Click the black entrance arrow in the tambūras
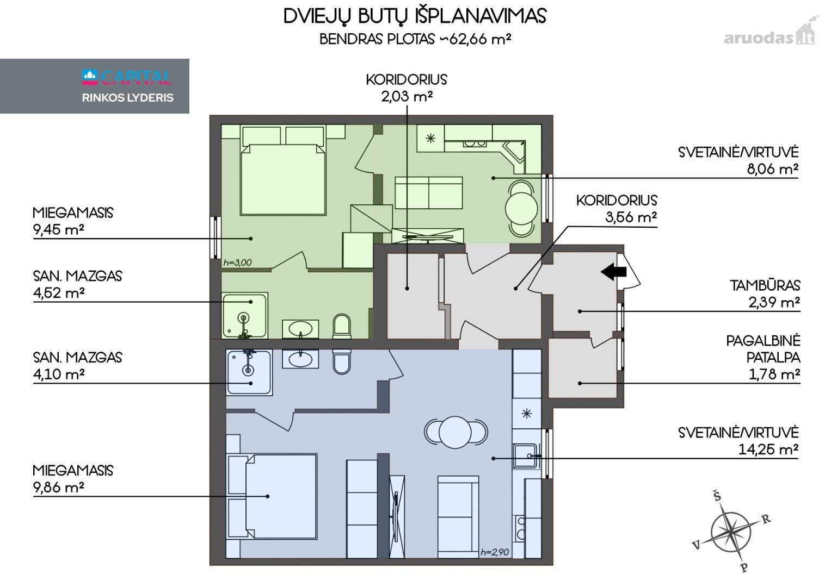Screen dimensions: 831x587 tap(614, 272)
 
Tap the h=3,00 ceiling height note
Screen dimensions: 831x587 tap(237, 263)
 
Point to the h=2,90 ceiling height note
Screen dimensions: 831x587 tap(495, 552)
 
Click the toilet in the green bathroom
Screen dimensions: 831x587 tap(342, 327)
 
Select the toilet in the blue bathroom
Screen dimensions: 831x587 tap(342, 361)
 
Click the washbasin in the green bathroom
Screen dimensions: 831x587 tap(300, 329)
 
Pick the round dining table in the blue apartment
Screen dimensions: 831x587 tap(455, 432)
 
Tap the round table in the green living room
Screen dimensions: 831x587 tap(521, 209)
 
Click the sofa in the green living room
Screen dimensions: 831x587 tap(429, 192)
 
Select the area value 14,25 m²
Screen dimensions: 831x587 tap(768, 450)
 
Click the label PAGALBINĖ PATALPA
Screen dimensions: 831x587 tap(763, 349)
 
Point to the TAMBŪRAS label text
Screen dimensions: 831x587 tap(765, 286)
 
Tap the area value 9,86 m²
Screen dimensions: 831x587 tap(59, 488)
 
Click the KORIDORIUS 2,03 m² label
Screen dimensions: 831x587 tap(407, 88)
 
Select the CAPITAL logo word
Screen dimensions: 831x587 tap(136, 77)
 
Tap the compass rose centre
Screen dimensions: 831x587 tap(730, 533)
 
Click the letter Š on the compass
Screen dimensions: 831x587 tap(717, 496)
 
